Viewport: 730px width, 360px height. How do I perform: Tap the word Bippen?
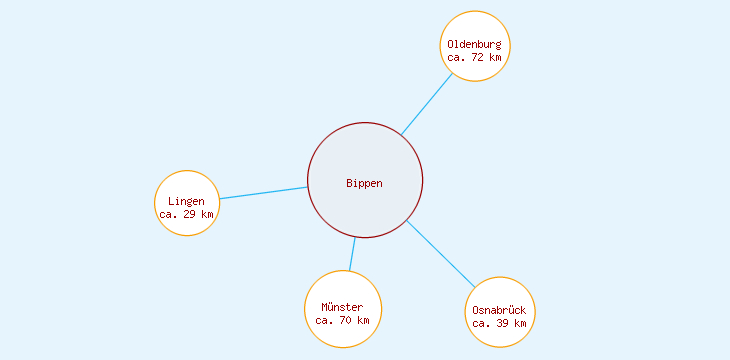[365, 183]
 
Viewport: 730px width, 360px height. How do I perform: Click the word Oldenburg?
[475, 44]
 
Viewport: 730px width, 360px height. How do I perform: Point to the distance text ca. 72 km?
[475, 57]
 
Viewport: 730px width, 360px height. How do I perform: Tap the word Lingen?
[187, 201]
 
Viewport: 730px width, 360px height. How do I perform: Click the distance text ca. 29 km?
[187, 214]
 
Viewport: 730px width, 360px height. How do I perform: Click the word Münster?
[343, 307]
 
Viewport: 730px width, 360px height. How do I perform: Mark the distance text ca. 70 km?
[343, 320]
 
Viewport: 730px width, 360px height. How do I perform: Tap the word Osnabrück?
[500, 310]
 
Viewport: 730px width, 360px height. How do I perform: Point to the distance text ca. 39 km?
[500, 323]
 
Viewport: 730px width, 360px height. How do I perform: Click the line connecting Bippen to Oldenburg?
[427, 104]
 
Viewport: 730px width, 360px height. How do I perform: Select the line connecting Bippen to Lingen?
[263, 193]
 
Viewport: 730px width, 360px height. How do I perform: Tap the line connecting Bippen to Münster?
[352, 254]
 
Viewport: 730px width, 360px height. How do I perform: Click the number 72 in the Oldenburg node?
[478, 57]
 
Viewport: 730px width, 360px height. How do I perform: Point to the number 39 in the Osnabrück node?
[503, 323]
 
